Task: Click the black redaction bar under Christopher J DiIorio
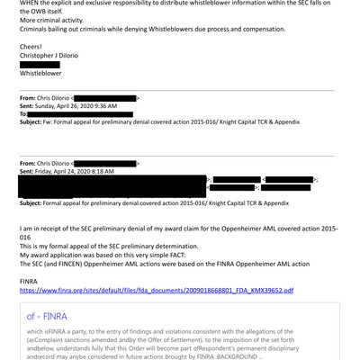[40, 65]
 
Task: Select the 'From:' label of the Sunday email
[30, 96]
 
